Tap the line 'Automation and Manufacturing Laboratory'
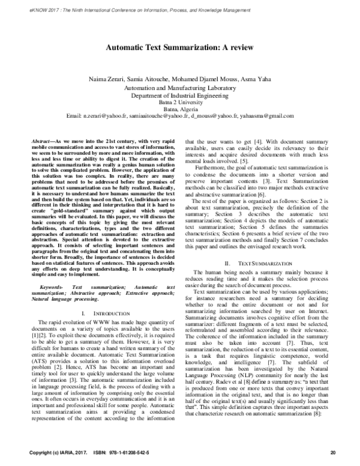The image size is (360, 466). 179,88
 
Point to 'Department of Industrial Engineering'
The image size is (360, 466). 179,95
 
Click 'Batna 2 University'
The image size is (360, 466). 179,102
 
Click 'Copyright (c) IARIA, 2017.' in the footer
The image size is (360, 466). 56,452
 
